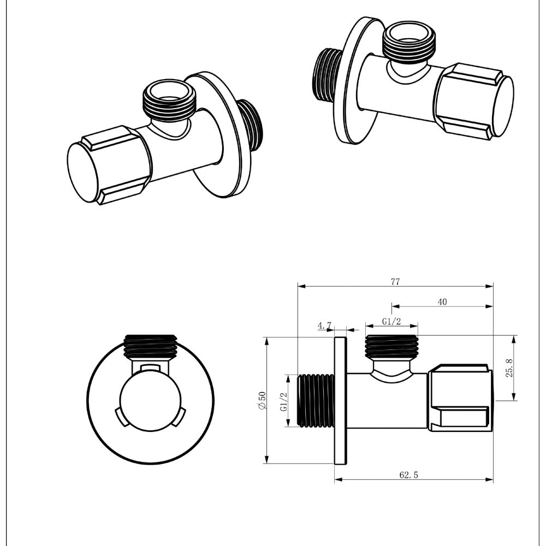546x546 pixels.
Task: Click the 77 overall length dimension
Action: [x=395, y=282]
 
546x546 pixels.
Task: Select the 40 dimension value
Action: [x=442, y=302]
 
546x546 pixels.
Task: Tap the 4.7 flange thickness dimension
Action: [x=325, y=326]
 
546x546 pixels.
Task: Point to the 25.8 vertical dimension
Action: [x=509, y=368]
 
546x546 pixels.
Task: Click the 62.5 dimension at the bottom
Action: [x=408, y=475]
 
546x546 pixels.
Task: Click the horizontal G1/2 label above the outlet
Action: [x=391, y=322]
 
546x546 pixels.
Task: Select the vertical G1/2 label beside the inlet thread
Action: [x=283, y=402]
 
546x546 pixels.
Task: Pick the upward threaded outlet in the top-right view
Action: [x=410, y=41]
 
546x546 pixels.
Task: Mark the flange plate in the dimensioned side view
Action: [x=340, y=401]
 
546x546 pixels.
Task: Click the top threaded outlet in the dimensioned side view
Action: [x=391, y=347]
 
